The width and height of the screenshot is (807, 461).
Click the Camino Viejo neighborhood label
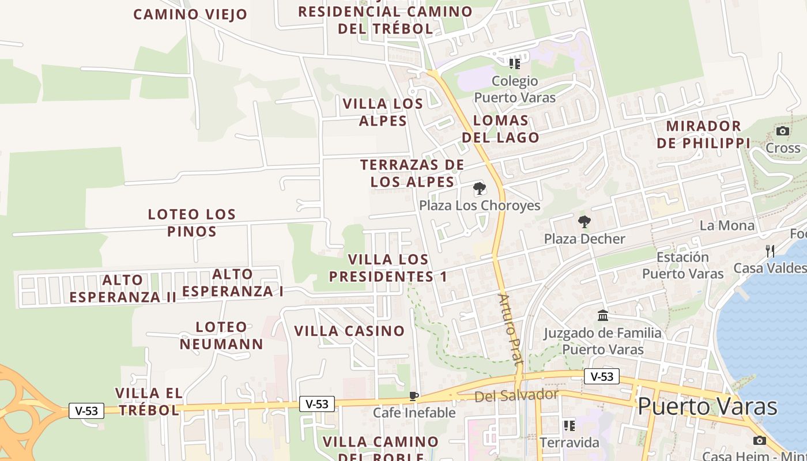190,14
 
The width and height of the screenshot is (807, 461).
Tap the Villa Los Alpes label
383,112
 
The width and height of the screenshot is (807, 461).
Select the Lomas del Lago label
500,129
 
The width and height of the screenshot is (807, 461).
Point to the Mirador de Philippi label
703,134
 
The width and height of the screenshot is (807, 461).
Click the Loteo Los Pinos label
192,222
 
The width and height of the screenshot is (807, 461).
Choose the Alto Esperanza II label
123,289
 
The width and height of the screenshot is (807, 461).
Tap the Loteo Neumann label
221,335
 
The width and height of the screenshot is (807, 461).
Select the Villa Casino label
349,331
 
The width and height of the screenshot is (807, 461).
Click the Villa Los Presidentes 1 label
388,268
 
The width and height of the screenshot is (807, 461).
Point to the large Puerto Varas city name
707,406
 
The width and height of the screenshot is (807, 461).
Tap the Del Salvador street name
516,396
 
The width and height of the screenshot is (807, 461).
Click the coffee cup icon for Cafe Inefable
413,396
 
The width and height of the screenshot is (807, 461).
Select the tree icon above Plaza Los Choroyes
479,188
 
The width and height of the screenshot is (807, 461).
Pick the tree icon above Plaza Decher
584,221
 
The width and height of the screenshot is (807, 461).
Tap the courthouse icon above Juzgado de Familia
603,315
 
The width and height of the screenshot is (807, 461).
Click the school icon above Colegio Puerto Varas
514,63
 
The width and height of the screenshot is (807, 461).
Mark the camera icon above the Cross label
782,131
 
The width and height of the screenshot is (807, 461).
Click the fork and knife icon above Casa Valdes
770,251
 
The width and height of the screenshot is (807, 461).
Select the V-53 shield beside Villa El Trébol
86,411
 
